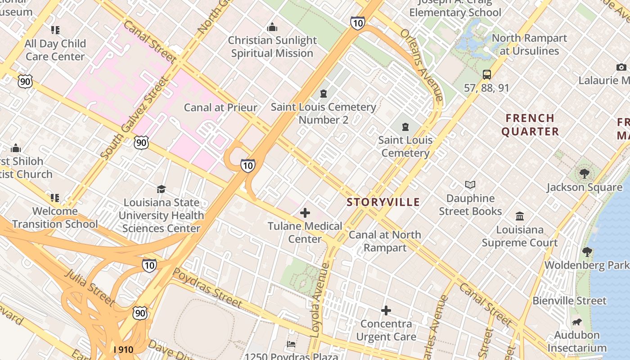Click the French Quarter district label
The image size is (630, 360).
pos(530,125)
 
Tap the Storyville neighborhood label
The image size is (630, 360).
pos(383,202)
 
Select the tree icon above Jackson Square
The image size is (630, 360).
pos(584,173)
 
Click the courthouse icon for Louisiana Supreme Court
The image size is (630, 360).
pos(520,216)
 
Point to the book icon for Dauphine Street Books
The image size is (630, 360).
pos(470,184)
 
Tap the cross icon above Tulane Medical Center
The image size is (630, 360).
pos(305,212)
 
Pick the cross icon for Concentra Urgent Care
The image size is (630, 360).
pos(386,310)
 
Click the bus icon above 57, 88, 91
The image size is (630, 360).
pos(486,75)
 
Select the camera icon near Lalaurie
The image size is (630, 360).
pos(621,67)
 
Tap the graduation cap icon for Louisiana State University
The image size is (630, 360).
pos(161,189)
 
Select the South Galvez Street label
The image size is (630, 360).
pos(134,118)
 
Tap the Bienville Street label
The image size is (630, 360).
pos(569,301)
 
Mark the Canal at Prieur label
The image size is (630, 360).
pos(220,108)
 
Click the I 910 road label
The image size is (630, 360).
pos(123,349)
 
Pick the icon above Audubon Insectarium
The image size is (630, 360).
pos(577,322)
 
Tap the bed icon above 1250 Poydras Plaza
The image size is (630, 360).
pos(291,344)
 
